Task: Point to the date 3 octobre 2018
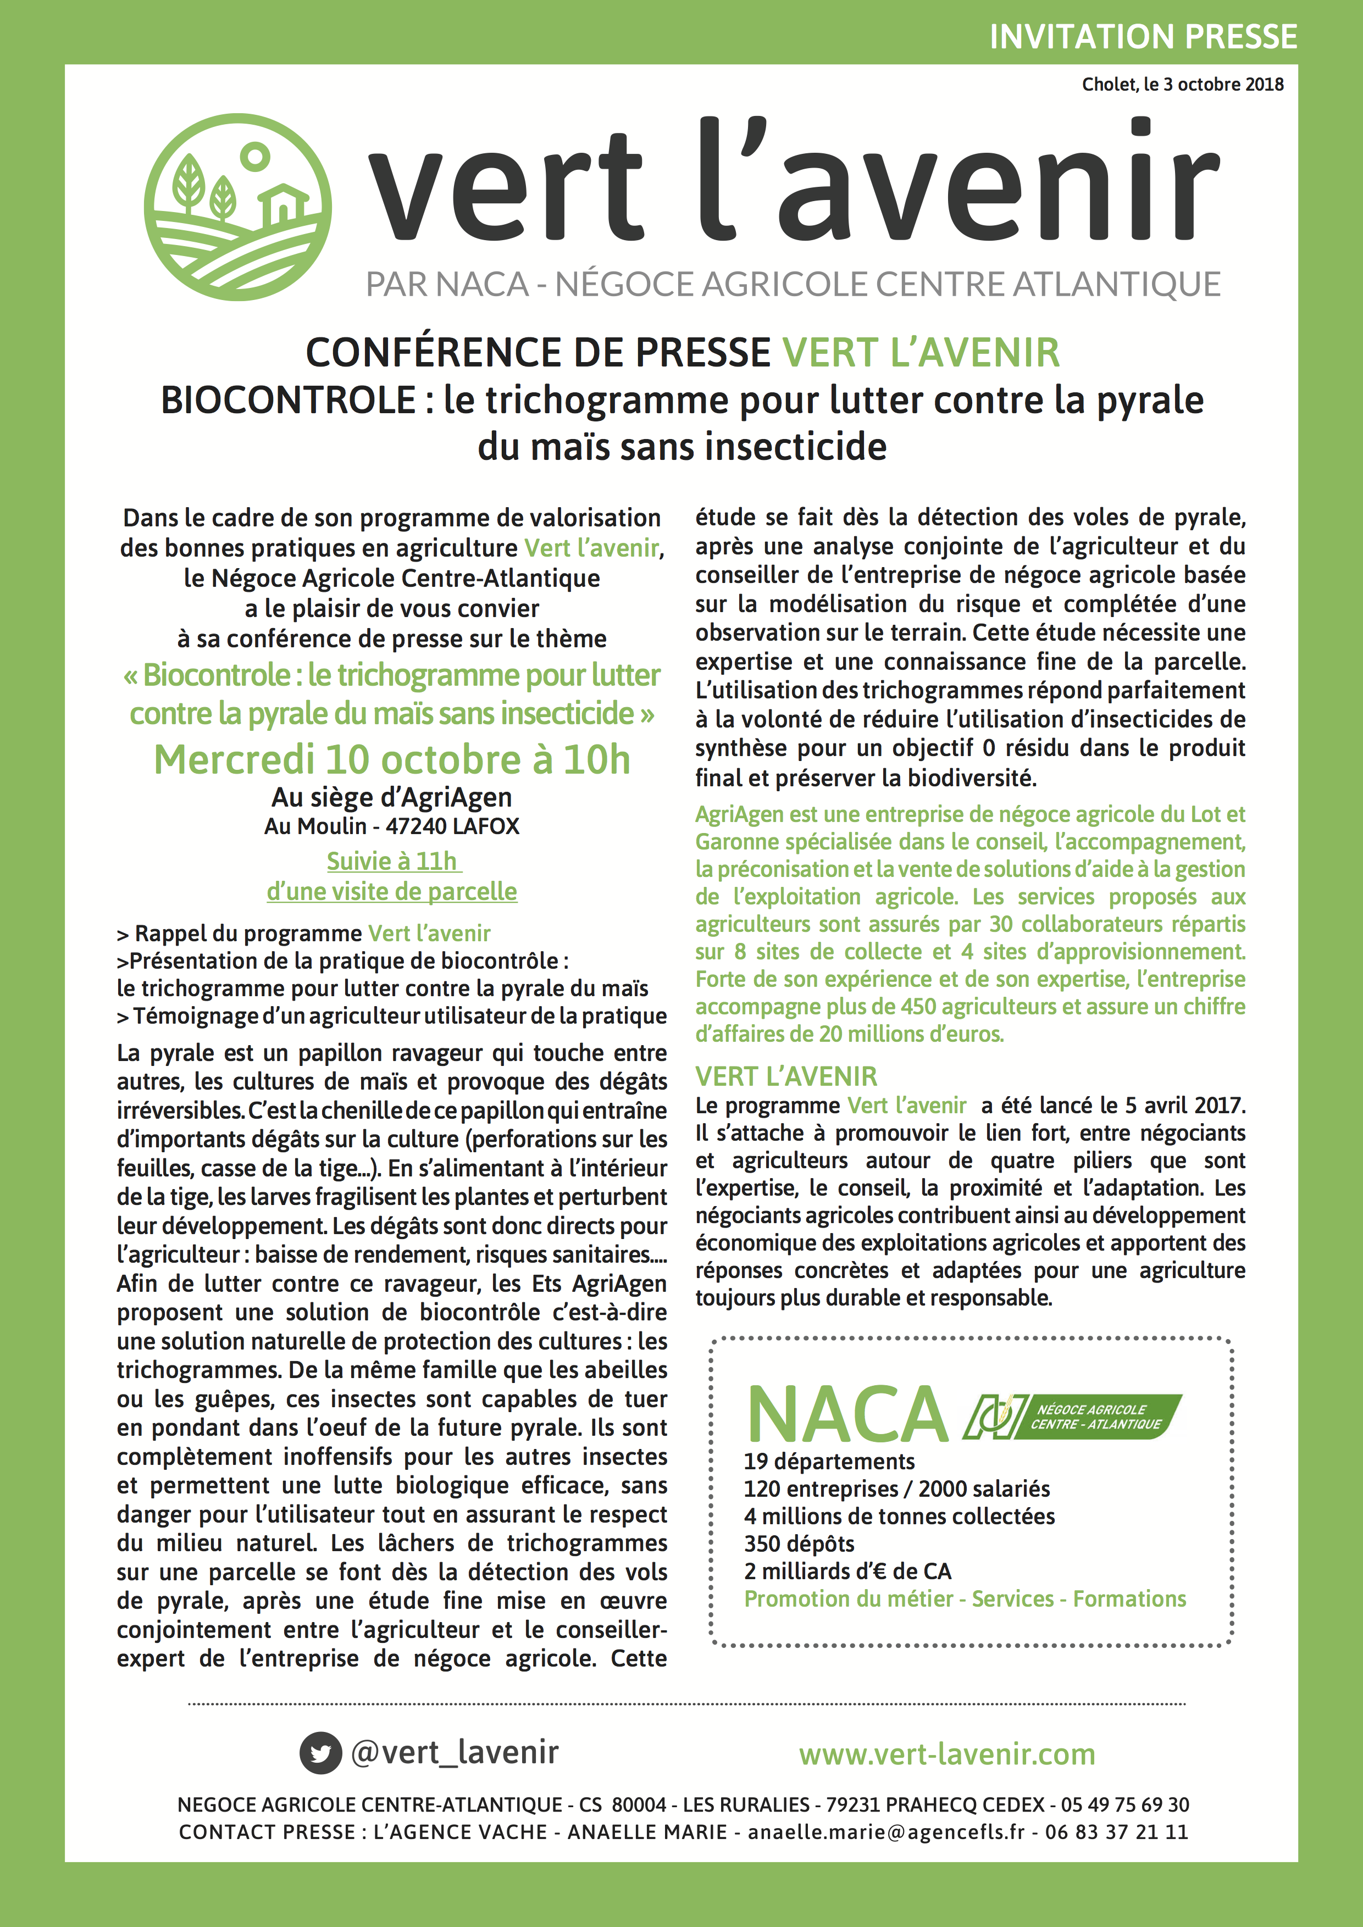coord(1223,84)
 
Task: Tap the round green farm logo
coord(237,207)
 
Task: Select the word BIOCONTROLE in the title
coord(288,401)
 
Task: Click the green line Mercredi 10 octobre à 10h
coord(392,759)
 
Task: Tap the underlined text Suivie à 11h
coord(392,861)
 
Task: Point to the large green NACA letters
coord(847,1415)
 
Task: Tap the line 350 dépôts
coord(799,1543)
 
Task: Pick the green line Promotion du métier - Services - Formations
coord(965,1599)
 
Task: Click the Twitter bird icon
coord(320,1753)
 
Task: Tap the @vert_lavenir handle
coord(454,1752)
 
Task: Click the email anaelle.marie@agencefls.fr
coord(886,1832)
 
